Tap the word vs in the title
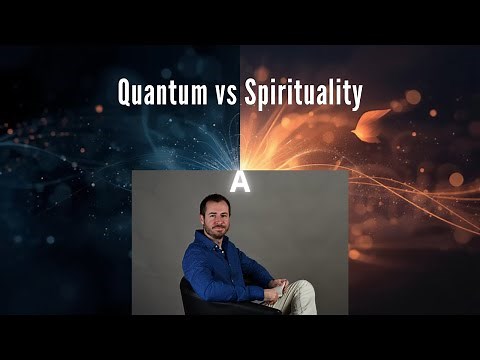224,95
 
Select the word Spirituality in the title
302,95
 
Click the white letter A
240,181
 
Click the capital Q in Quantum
126,94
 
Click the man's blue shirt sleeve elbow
196,284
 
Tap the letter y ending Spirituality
355,98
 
